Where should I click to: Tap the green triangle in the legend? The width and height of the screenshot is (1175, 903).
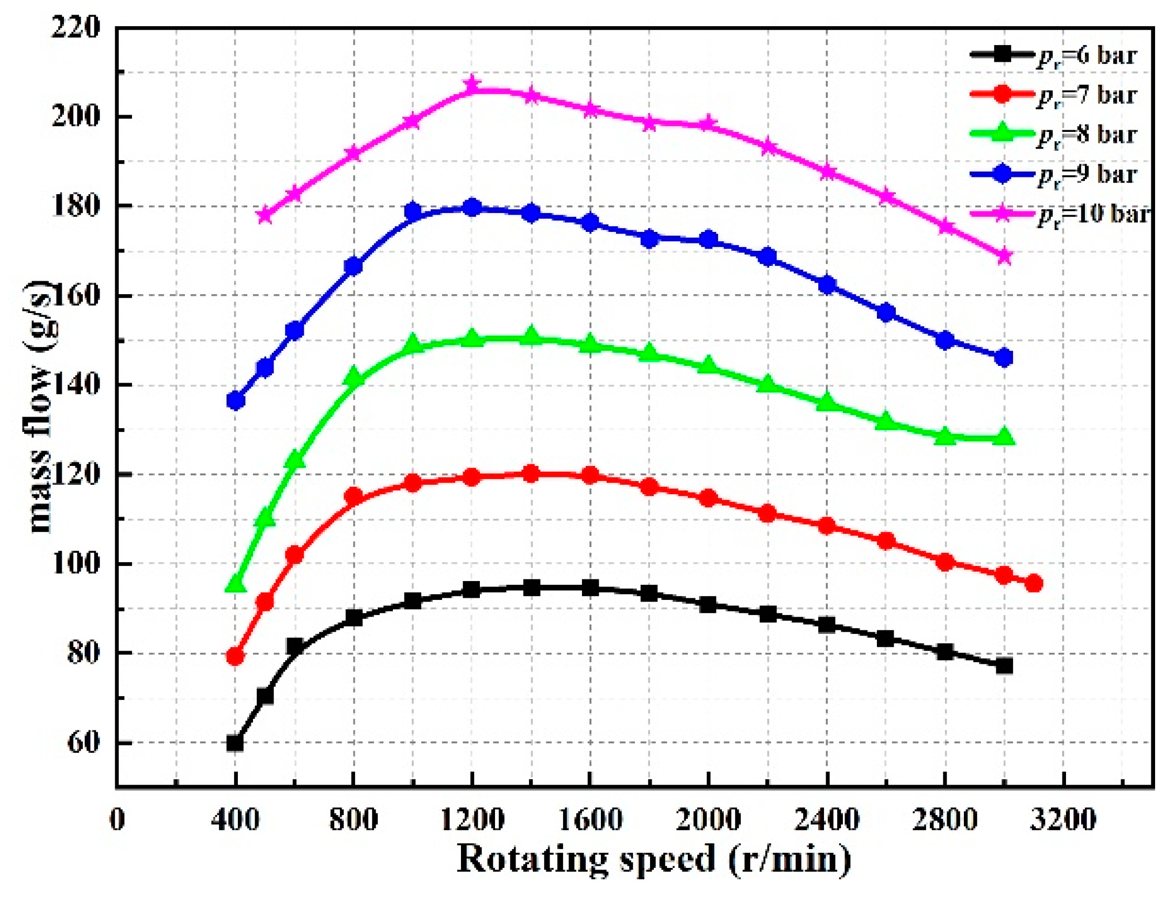(1001, 133)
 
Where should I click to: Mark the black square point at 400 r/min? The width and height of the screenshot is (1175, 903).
(235, 743)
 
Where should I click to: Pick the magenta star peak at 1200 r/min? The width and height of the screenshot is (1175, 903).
(472, 84)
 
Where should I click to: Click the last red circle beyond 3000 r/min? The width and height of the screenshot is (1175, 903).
(1034, 583)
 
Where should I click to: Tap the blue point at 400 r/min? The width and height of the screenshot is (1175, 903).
(235, 400)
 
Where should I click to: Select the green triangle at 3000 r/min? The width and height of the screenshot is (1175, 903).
(1004, 437)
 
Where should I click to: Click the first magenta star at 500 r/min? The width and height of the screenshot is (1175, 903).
(265, 215)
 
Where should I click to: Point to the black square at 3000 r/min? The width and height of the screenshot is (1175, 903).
(1004, 666)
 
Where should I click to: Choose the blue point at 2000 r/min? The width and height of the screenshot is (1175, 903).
(709, 240)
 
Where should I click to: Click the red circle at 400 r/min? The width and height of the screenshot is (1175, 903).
(235, 656)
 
